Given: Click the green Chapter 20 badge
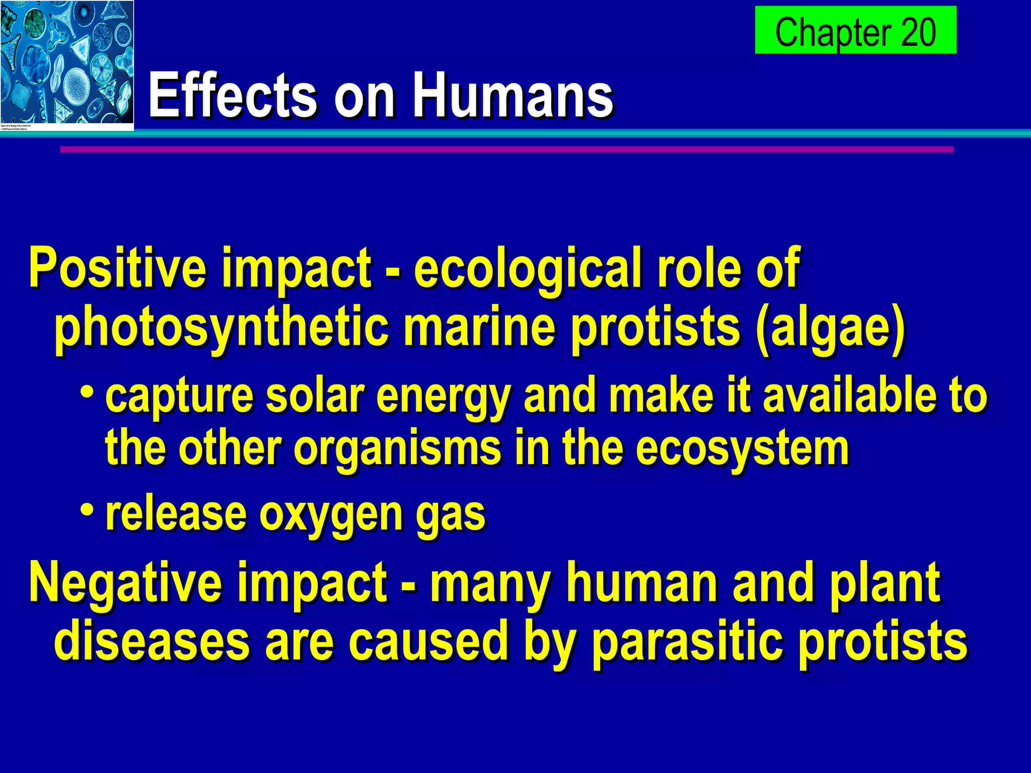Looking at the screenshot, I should coord(855,30).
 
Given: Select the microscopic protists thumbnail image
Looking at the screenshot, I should coord(66,65).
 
